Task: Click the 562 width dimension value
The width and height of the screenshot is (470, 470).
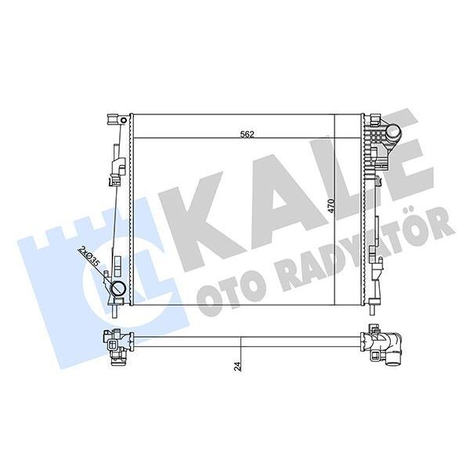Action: [248, 133]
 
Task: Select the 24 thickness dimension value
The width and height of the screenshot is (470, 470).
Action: [237, 365]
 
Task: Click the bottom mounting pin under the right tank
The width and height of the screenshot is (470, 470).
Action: [375, 308]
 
